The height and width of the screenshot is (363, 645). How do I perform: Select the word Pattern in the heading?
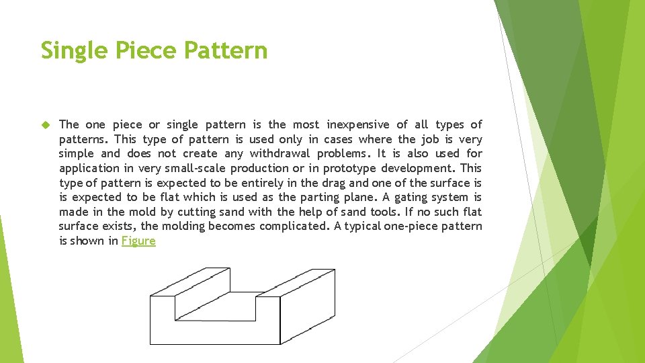click(x=228, y=50)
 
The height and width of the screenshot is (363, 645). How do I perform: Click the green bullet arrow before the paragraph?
click(x=46, y=125)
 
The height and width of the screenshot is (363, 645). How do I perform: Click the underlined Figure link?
click(x=138, y=241)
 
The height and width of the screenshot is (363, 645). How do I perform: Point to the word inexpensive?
click(x=357, y=124)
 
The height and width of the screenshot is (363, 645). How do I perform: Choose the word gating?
click(x=413, y=197)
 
